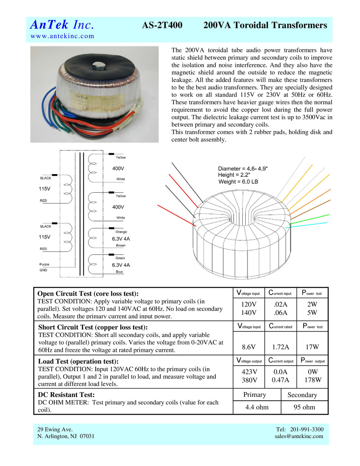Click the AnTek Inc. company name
62,25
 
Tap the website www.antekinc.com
62,36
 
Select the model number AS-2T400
162,25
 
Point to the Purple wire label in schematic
44,264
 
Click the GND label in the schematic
43,270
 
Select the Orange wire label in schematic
121,232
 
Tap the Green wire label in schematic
120,258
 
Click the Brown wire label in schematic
121,245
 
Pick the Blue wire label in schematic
119,272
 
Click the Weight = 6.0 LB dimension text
238,182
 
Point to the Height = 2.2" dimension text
234,175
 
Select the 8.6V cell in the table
249,347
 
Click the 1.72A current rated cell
281,347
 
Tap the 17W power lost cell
312,347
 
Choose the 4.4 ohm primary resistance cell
257,407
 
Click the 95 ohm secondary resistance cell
304,407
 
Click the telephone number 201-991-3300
306,429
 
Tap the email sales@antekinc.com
299,436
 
